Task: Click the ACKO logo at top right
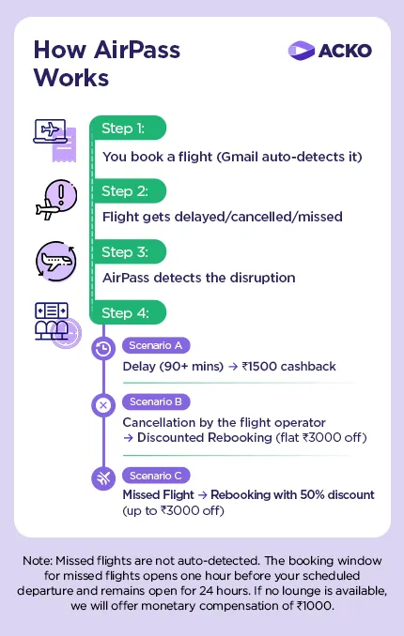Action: (x=329, y=50)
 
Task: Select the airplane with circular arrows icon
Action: (x=54, y=262)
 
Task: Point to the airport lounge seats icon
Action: (x=54, y=324)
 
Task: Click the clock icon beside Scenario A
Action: (x=103, y=348)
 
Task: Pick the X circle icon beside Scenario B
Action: (x=103, y=405)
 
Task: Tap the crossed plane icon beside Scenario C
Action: (x=103, y=477)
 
